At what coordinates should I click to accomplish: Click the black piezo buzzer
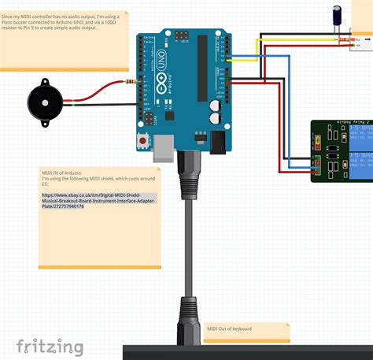43,102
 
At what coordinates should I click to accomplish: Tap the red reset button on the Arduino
143,140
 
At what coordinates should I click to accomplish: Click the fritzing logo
50,346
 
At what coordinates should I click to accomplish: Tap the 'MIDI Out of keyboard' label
230,328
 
